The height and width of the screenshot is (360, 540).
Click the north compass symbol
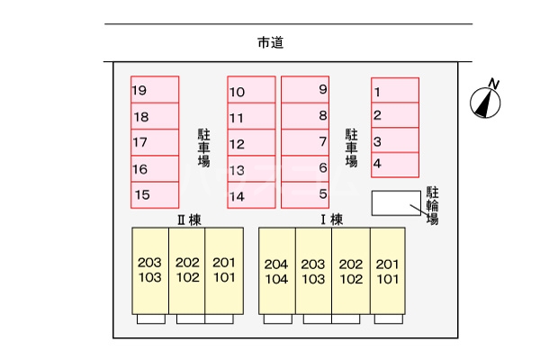(x=487, y=102)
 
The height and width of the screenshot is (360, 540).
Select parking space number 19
(x=155, y=90)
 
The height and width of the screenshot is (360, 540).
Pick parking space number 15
(x=155, y=194)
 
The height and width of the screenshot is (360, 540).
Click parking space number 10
(x=251, y=91)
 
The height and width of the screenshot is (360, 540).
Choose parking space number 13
(x=251, y=169)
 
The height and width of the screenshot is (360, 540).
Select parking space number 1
(x=395, y=91)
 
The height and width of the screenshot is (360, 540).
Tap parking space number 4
(x=395, y=164)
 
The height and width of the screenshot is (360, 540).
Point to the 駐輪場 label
(x=432, y=206)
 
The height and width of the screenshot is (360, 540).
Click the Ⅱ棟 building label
(x=187, y=219)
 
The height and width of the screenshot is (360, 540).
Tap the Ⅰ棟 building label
(x=331, y=219)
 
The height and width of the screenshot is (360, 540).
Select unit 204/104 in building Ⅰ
(x=277, y=271)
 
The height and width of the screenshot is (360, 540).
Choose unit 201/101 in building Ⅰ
(x=388, y=271)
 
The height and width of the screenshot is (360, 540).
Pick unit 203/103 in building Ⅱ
(x=150, y=270)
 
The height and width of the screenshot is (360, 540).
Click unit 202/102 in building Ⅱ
(x=187, y=270)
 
